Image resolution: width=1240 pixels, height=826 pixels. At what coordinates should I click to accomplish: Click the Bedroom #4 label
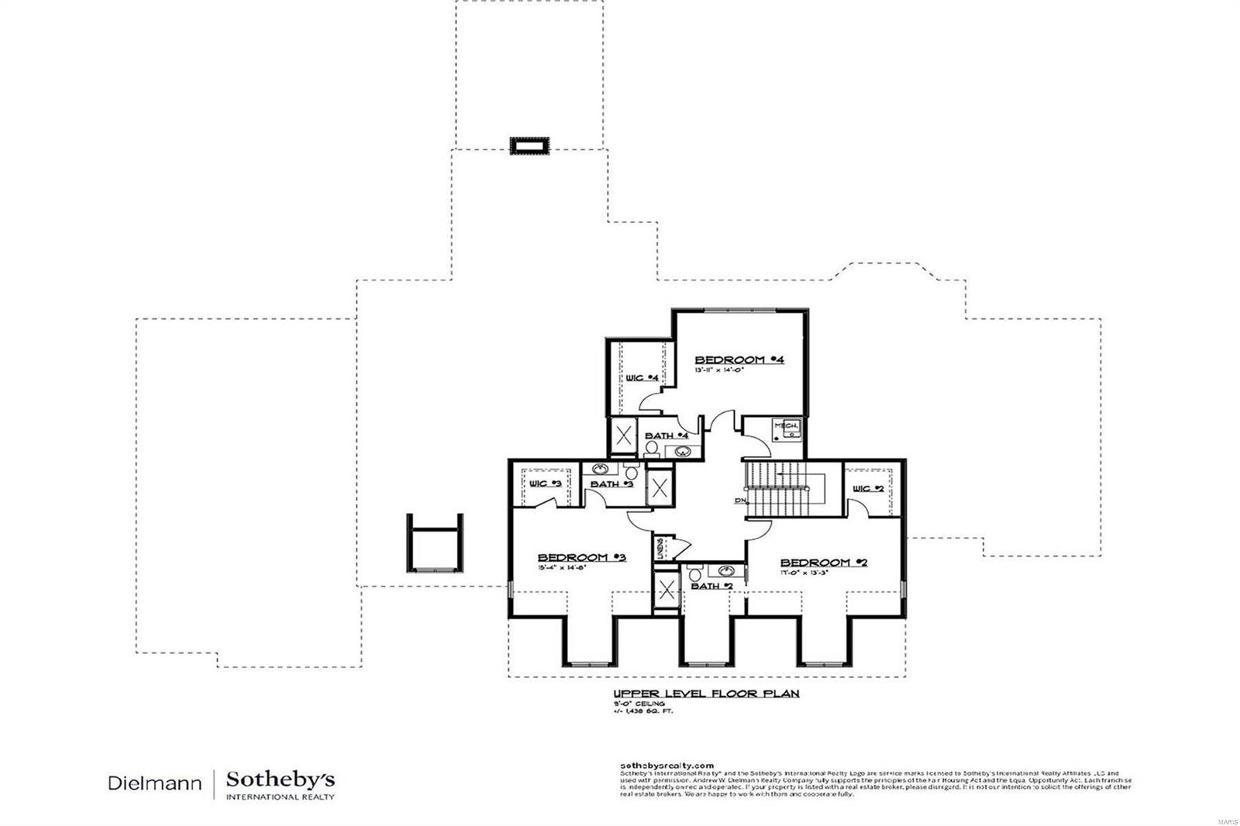pyautogui.click(x=739, y=360)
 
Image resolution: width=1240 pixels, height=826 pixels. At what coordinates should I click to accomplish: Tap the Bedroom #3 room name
pyautogui.click(x=582, y=557)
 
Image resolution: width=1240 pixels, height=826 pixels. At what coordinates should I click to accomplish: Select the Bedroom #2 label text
pyautogui.click(x=823, y=562)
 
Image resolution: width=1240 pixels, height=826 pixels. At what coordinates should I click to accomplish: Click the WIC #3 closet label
pyautogui.click(x=546, y=484)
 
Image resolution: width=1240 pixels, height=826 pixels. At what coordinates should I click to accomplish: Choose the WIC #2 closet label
pyautogui.click(x=868, y=488)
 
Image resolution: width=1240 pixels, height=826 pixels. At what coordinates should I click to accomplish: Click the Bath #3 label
pyautogui.click(x=612, y=484)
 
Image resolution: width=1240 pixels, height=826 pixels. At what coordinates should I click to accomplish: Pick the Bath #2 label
pyautogui.click(x=711, y=586)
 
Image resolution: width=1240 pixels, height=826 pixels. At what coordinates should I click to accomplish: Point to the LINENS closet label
pyautogui.click(x=660, y=548)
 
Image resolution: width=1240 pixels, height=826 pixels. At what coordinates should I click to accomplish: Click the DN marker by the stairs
pyautogui.click(x=739, y=501)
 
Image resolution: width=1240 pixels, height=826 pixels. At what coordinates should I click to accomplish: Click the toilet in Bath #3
pyautogui.click(x=632, y=472)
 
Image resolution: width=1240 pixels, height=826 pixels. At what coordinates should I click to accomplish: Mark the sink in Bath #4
pyautogui.click(x=683, y=452)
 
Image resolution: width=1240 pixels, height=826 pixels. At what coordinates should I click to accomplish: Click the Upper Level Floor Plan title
pyautogui.click(x=705, y=693)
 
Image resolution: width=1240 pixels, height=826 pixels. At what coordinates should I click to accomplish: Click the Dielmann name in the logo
pyautogui.click(x=155, y=783)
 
